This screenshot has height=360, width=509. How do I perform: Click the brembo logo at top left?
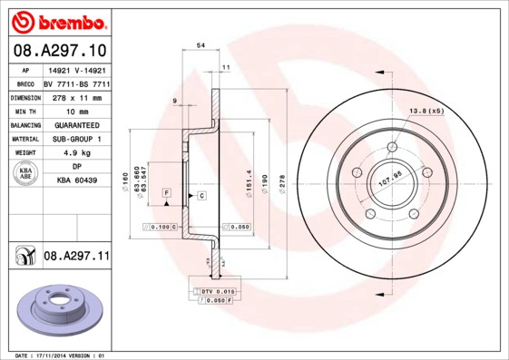(57, 22)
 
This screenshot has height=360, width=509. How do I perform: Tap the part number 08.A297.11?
(75, 258)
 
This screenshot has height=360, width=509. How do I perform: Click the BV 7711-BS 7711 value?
(75, 83)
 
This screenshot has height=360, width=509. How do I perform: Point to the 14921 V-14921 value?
(75, 69)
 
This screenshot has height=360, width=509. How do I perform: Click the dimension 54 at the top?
(201, 44)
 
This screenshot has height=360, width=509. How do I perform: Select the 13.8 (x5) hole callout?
(426, 111)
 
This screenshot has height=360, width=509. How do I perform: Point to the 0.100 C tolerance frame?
(160, 227)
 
